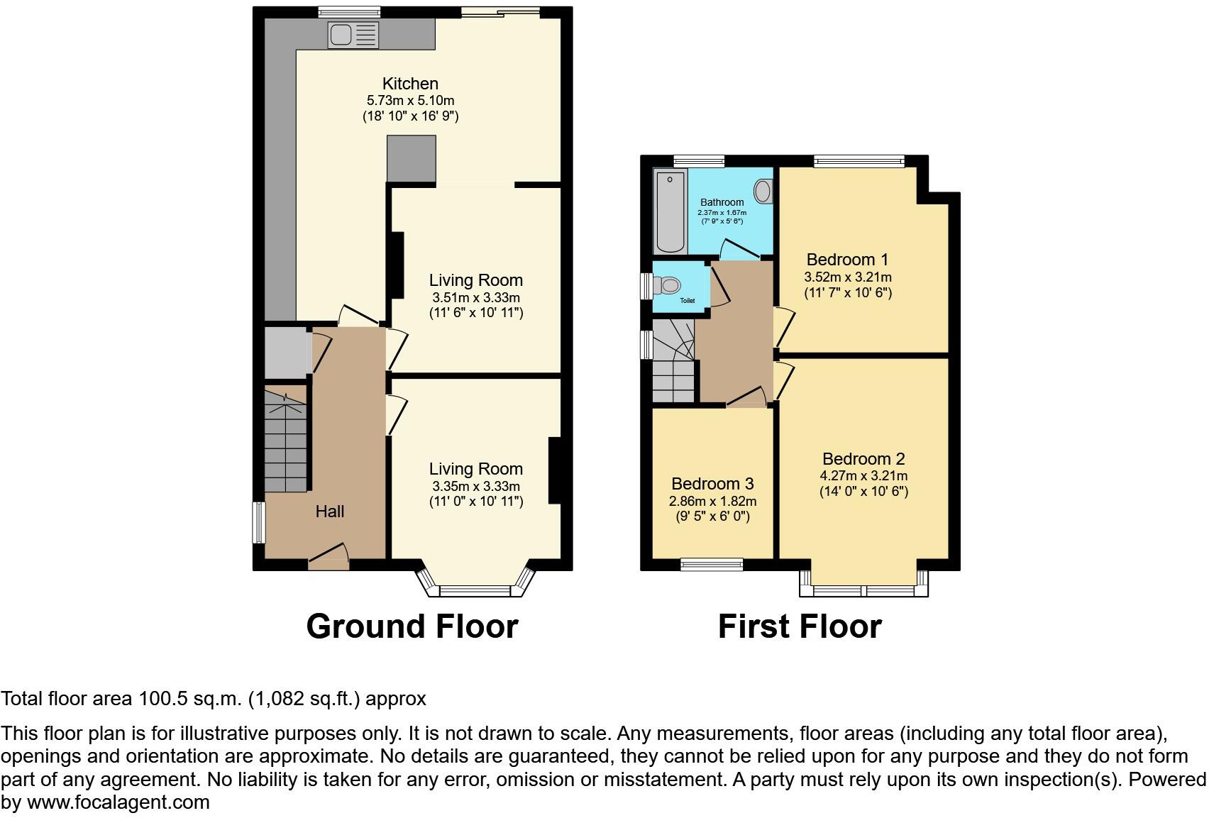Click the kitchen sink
point(353,35)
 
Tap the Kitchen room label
point(410,83)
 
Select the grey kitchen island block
point(411,159)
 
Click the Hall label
point(329,512)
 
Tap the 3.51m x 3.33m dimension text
point(475,297)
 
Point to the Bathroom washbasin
point(763,191)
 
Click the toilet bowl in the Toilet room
point(669,286)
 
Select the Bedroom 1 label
point(846,259)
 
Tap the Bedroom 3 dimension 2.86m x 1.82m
point(712,501)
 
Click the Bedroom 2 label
point(863,458)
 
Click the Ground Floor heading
point(412,626)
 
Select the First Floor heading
point(799,626)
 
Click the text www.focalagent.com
point(118,802)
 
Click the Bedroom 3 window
point(711,565)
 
